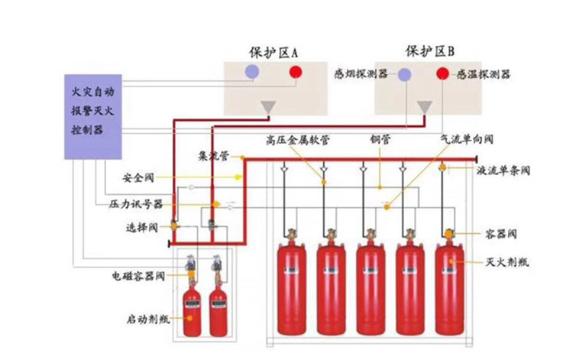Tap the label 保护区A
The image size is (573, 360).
pyautogui.click(x=274, y=53)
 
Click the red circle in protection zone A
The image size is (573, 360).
pyautogui.click(x=295, y=73)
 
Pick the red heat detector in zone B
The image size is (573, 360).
pyautogui.click(x=442, y=74)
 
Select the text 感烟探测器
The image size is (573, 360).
pyautogui.click(x=361, y=75)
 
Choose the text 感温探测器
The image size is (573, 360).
pyautogui.click(x=483, y=75)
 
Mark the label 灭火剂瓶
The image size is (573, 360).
pyautogui.click(x=502, y=262)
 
